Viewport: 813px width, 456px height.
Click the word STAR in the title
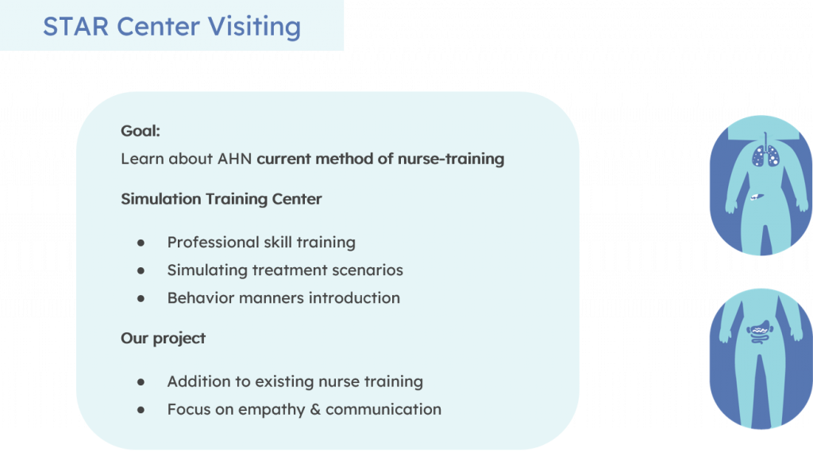pos(75,26)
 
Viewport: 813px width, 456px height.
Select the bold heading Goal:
pos(141,131)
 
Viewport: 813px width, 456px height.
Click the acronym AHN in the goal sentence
pos(234,159)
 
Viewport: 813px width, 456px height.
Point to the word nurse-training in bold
pos(451,159)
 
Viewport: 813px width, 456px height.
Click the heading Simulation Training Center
pos(222,199)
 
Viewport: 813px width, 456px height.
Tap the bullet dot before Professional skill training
pos(141,243)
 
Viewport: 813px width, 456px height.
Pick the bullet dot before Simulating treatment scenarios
pos(141,270)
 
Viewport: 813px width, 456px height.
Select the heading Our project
pos(164,339)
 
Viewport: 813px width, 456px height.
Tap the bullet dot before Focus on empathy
pos(141,410)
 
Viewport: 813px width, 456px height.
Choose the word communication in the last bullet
pos(383,409)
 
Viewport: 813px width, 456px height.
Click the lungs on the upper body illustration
pos(765,155)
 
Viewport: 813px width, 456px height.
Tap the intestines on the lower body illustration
pos(760,332)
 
